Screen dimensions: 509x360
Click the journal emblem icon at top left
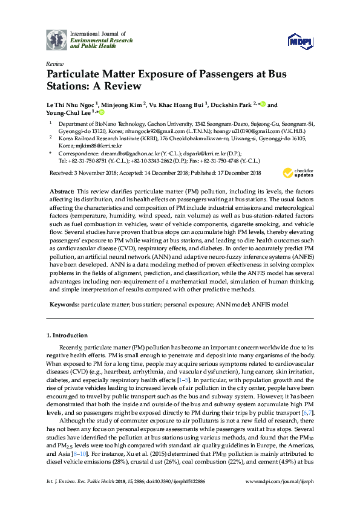tap(57, 40)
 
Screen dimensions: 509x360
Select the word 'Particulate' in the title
tap(76, 76)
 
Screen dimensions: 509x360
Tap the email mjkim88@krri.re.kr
tap(89, 146)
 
